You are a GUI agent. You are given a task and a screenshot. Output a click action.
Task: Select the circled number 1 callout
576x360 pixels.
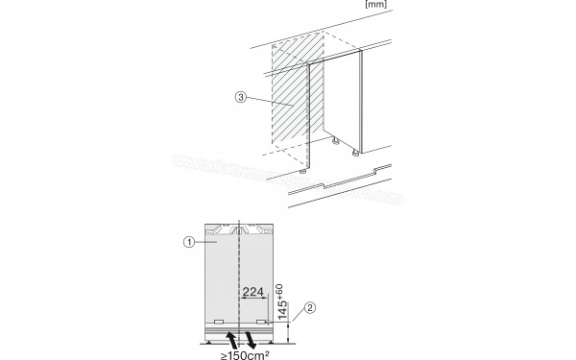tap(189, 242)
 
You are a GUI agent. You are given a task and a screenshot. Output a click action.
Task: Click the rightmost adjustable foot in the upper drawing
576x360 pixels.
tap(357, 152)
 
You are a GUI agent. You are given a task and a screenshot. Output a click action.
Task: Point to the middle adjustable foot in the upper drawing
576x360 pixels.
tap(335, 141)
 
